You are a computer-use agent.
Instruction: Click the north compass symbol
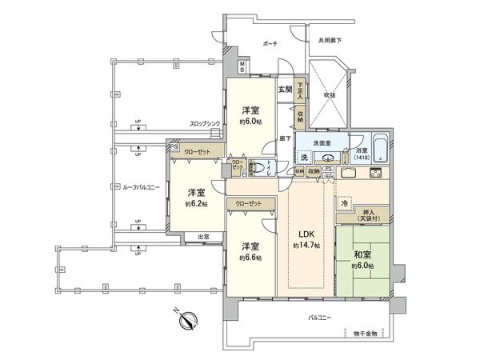point(189,322)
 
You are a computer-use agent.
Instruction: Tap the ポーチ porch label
point(269,45)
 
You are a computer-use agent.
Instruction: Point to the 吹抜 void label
point(328,95)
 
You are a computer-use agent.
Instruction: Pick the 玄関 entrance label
point(284,89)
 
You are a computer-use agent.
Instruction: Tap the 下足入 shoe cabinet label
point(300,90)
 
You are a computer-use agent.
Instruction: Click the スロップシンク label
point(206,124)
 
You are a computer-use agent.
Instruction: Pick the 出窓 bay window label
point(205,236)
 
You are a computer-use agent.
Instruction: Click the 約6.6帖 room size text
point(250,258)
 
